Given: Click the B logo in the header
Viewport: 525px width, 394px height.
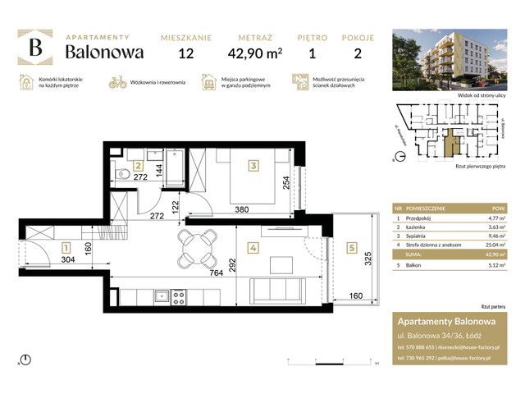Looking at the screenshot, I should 36,48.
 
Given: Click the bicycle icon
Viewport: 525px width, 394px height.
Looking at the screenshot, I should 118,82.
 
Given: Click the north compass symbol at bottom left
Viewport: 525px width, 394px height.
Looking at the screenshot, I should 26,359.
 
